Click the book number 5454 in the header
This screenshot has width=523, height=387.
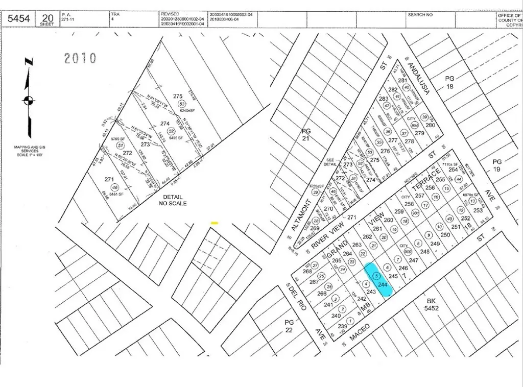pos(18,19)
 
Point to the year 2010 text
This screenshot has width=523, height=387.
pos(80,58)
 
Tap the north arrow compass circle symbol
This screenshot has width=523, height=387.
pos(29,100)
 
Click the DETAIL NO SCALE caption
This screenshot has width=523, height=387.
pos(173,200)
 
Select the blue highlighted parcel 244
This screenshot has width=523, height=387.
pos(379,278)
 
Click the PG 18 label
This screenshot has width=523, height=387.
pos(449,82)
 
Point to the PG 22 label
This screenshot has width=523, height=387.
pos(289,326)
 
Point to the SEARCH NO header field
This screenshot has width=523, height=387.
pos(420,15)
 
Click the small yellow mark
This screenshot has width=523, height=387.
pos(215,223)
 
